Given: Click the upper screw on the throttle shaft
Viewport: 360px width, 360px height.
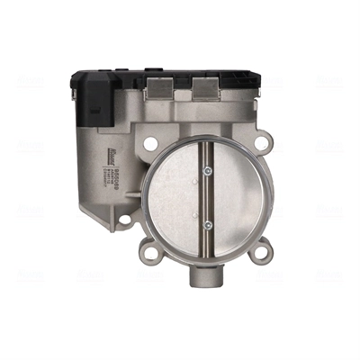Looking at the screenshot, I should [x=207, y=171].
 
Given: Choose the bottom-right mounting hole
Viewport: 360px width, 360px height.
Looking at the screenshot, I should [x=261, y=252].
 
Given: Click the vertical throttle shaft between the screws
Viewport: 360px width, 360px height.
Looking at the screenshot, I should [x=207, y=198].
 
